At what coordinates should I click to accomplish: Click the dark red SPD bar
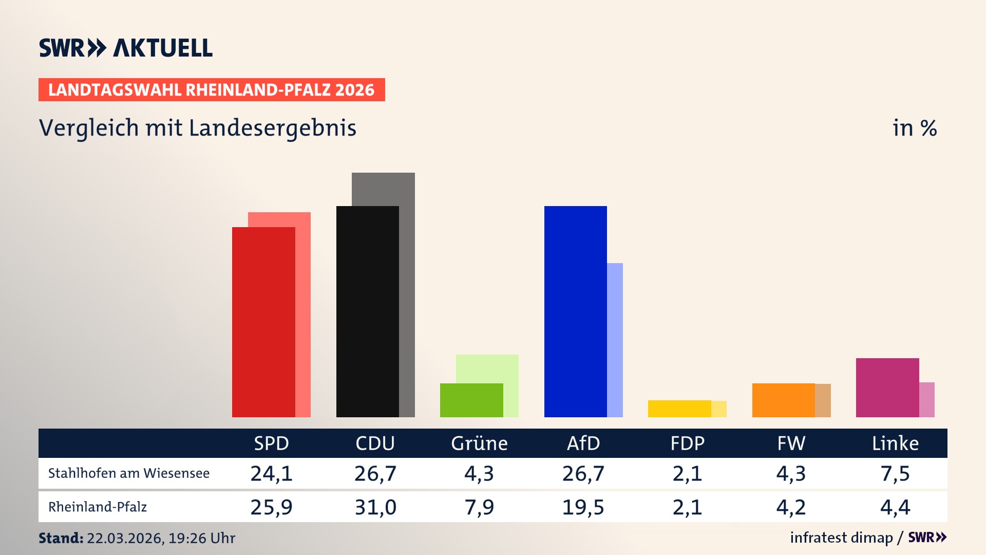point(263,322)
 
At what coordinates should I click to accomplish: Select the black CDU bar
point(367,311)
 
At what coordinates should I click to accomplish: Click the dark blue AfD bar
point(575,311)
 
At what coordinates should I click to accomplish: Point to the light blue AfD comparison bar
point(615,340)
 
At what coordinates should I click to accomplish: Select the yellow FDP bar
point(679,409)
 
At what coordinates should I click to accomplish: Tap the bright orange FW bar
point(783,400)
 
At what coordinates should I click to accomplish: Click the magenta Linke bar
point(887,387)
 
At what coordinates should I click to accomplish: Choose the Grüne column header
point(479,443)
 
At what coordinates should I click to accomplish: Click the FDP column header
point(687,443)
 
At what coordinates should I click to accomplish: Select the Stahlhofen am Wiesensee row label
point(129,473)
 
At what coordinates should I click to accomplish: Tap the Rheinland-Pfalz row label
point(98,507)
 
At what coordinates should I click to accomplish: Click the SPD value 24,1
point(271,473)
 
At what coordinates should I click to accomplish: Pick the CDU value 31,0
point(375,507)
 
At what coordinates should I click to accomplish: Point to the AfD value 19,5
point(583,507)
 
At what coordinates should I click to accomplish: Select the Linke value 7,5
point(895,473)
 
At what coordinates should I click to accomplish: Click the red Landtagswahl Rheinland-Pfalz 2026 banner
point(212,90)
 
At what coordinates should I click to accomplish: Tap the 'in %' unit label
point(915,128)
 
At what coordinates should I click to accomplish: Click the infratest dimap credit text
point(841,538)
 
